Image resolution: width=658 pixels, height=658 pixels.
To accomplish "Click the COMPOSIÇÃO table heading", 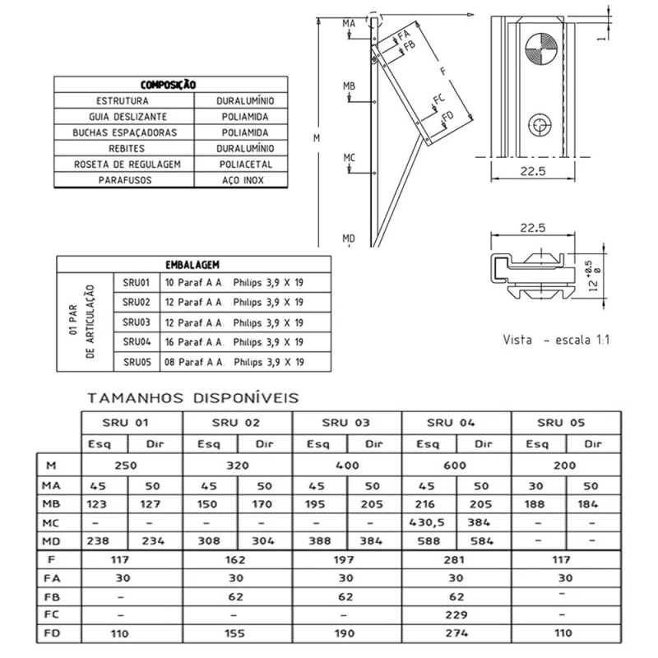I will pyautogui.click(x=168, y=85).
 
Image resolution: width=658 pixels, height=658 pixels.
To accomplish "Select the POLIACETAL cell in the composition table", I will pyautogui.click(x=245, y=164).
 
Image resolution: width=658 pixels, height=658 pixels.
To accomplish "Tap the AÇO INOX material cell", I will pyautogui.click(x=245, y=179).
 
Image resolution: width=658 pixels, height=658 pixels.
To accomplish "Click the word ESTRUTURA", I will pyautogui.click(x=122, y=100).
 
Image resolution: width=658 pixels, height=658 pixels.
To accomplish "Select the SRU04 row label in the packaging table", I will pyautogui.click(x=137, y=341).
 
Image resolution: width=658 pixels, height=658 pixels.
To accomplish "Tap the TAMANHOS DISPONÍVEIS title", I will pyautogui.click(x=192, y=398).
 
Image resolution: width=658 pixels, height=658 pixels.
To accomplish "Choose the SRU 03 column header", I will pyautogui.click(x=346, y=423).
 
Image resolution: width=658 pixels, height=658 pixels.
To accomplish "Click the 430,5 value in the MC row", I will pyautogui.click(x=429, y=522).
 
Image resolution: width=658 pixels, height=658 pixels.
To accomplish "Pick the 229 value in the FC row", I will pyautogui.click(x=456, y=614).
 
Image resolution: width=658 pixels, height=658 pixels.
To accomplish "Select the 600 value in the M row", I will pyautogui.click(x=456, y=465).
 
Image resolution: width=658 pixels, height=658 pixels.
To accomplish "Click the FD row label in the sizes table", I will pyautogui.click(x=52, y=634).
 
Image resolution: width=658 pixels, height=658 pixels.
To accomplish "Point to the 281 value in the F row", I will pyautogui.click(x=456, y=559).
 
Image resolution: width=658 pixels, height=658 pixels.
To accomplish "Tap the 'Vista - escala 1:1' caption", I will pyautogui.click(x=559, y=339).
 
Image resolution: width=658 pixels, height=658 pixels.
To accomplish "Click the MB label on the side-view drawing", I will pyautogui.click(x=350, y=86).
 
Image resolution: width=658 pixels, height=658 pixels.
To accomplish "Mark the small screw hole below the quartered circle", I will pyautogui.click(x=539, y=124).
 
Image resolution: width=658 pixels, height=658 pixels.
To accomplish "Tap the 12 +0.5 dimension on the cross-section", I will pyautogui.click(x=588, y=271).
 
